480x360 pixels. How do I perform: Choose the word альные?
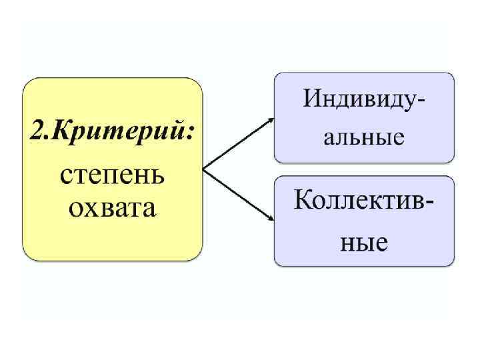[364, 138]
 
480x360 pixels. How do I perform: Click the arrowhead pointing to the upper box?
[271, 120]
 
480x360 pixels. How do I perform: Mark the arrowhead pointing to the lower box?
[271, 218]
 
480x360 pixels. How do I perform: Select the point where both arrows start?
[203, 169]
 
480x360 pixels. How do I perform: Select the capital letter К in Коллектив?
[303, 199]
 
